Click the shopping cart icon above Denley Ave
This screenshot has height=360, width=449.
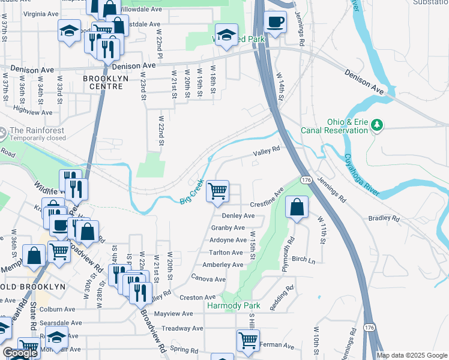pos(217,191)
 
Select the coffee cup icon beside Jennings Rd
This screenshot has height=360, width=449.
pos(275,23)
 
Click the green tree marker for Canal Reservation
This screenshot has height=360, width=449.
pos(377,125)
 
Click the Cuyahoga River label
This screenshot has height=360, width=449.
pos(362,175)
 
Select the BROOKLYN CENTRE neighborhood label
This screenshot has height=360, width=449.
pos(103,82)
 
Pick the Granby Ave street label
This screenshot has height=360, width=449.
pos(228,228)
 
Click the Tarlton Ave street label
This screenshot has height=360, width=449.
pos(225,253)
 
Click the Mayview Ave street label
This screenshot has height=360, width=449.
pos(173,314)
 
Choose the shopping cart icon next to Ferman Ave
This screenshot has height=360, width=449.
pos(248,340)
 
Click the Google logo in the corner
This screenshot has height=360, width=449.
pos(20,353)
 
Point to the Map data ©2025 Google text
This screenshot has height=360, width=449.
pos(412,355)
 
